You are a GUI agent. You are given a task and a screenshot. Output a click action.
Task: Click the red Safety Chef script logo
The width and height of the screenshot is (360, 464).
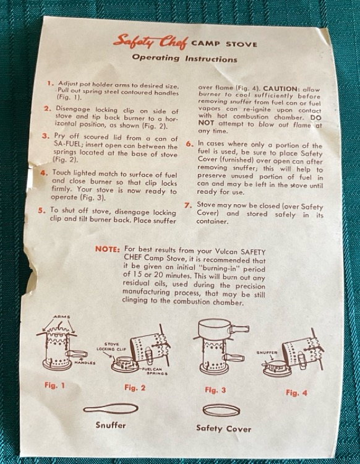150,41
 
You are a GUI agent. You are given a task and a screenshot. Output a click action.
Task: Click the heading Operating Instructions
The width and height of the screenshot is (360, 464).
184,58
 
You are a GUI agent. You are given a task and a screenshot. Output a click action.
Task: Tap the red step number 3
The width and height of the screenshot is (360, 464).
45,136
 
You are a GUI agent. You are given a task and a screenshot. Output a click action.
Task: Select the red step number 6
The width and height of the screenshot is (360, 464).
190,144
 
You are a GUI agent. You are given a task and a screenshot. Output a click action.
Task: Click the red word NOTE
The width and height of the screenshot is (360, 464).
108,249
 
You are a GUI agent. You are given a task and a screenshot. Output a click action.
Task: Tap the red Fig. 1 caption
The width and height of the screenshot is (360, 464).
54,385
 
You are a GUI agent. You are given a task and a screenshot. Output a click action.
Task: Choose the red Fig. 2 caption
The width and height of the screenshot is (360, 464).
135,387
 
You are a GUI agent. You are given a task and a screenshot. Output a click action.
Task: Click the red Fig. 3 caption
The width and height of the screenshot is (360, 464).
215,390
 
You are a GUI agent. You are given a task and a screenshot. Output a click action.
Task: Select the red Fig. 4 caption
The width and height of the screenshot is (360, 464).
296,393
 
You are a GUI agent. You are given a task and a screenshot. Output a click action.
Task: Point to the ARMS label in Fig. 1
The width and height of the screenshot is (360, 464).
62,317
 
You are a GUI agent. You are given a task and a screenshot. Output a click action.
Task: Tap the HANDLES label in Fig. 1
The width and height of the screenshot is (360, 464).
85,363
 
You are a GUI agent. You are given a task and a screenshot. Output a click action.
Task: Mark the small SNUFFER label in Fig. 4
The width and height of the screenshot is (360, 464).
267,353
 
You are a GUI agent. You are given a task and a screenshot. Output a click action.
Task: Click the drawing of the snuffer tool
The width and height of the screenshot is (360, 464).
111,409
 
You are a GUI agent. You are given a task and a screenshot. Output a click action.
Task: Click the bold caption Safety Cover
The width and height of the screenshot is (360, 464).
224,428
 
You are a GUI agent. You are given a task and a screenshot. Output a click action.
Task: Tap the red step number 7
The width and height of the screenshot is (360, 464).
189,205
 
